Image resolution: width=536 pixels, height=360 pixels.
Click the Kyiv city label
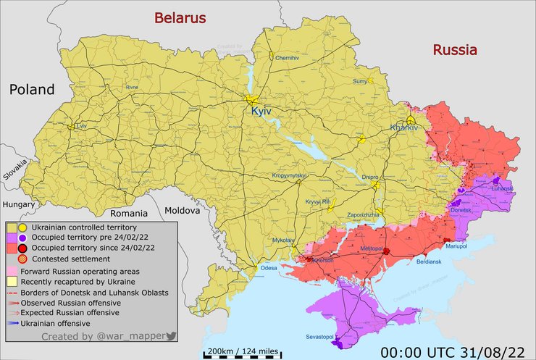pyautogui.click(x=263, y=112)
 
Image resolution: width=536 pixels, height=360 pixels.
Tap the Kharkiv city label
pyautogui.click(x=404, y=127)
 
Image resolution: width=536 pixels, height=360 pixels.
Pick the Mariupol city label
pyautogui.click(x=458, y=247)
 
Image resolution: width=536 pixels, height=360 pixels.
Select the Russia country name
pyautogui.click(x=455, y=50)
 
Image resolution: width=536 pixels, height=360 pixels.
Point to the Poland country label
pyautogui.click(x=32, y=90)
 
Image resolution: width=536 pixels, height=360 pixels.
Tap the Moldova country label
pyautogui.click(x=182, y=210)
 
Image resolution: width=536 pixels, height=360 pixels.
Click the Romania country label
pyautogui.click(x=129, y=214)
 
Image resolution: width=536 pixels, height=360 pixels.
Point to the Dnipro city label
pyautogui.click(x=369, y=176)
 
